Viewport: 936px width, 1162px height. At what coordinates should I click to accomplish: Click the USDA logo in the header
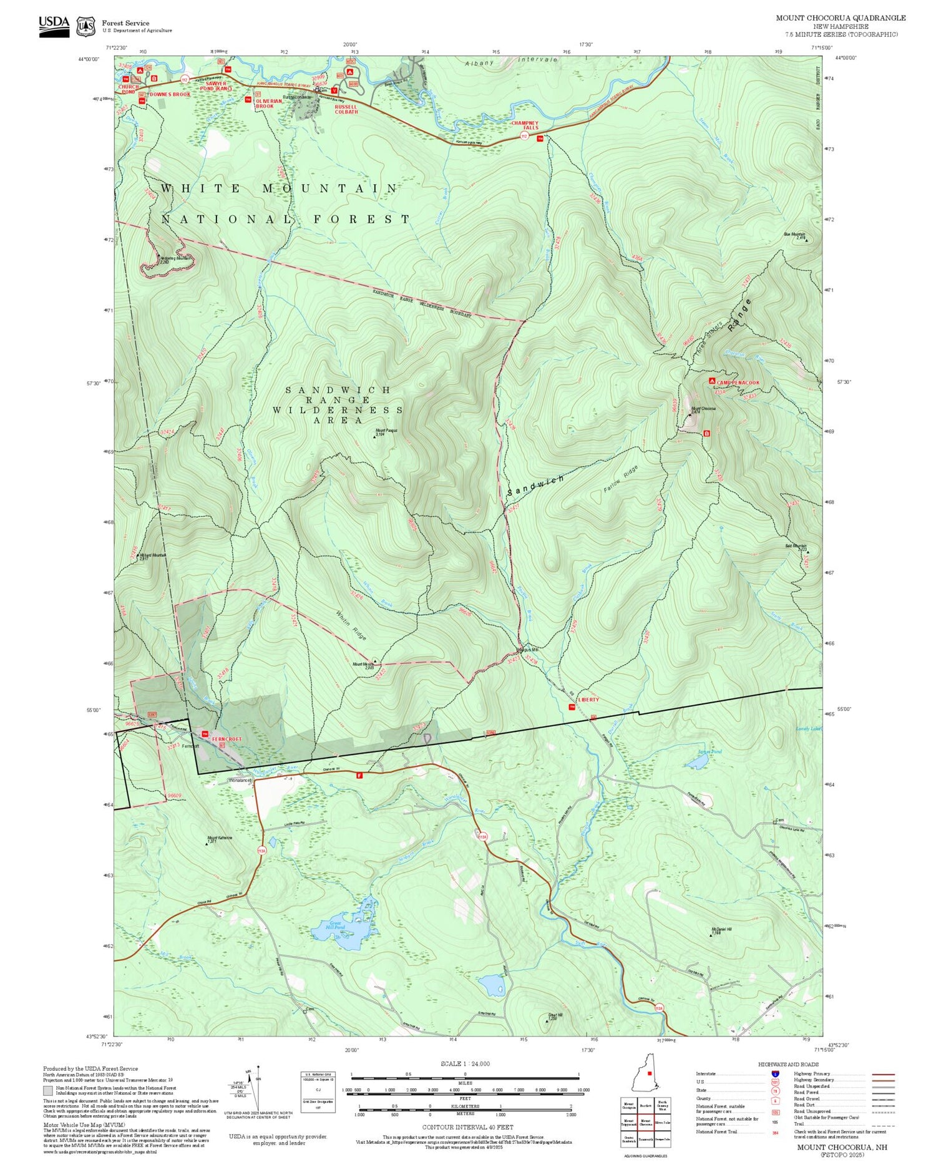click(54, 25)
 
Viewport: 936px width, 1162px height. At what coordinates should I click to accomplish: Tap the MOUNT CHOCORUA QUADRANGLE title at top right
click(841, 18)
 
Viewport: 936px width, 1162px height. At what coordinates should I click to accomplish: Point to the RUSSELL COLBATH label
click(346, 109)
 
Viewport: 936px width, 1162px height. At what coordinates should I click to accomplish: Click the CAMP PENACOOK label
click(738, 383)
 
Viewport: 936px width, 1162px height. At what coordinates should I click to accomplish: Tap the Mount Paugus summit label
click(386, 431)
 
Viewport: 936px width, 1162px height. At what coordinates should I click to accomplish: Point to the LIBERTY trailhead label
click(588, 700)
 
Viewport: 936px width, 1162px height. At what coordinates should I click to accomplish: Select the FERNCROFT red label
click(226, 739)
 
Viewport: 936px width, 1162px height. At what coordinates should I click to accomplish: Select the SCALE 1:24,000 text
click(465, 1064)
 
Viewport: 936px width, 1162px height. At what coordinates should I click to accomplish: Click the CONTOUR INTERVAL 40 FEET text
click(467, 1127)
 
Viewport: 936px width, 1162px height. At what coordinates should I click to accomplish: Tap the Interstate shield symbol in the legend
click(775, 1073)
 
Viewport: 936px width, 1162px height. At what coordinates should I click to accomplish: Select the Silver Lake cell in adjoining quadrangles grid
click(663, 1122)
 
